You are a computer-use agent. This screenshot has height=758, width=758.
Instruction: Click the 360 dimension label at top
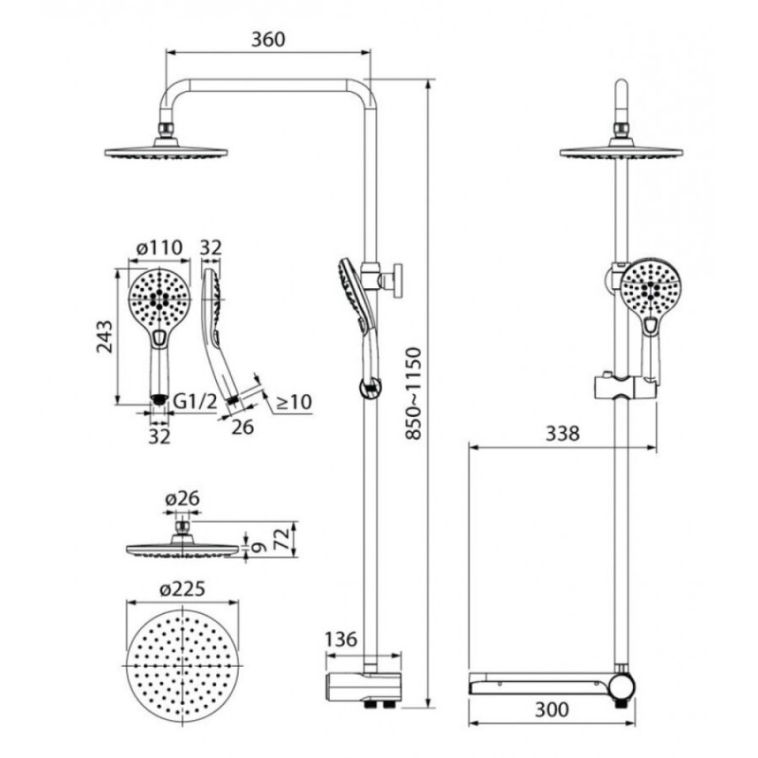point(268,39)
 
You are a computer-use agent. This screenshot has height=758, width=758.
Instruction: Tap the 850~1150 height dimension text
point(414,393)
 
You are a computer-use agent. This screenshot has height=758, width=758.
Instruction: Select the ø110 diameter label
point(159,247)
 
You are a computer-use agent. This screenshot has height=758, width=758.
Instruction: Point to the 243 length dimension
point(104,336)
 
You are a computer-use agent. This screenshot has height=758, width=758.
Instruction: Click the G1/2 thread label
point(195,401)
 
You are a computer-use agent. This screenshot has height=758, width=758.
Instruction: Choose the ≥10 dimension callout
point(294,402)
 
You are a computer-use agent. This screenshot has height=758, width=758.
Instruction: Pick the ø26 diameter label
point(182,498)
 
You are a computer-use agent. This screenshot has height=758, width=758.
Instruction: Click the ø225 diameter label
point(183,589)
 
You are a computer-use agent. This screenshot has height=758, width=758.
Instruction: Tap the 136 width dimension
point(341,639)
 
